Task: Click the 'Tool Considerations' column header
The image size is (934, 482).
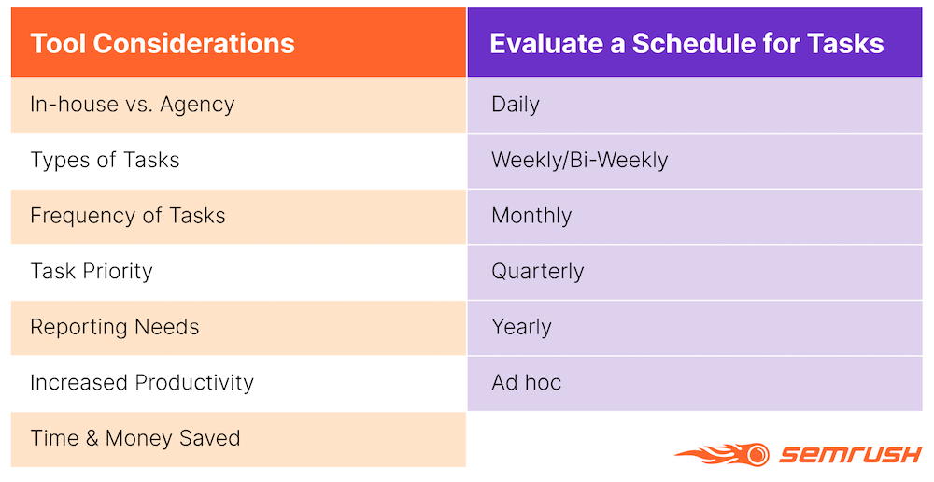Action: pyautogui.click(x=238, y=43)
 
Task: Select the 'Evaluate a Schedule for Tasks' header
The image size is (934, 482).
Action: pyautogui.click(x=695, y=43)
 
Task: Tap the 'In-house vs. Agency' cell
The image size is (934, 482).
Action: pyautogui.click(x=238, y=105)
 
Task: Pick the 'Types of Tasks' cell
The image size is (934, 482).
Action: pyautogui.click(x=238, y=161)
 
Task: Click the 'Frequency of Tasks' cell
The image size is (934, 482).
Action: pyautogui.click(x=238, y=216)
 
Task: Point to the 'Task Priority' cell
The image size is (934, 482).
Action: pyautogui.click(x=238, y=272)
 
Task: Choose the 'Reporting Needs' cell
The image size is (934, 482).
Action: pyautogui.click(x=238, y=327)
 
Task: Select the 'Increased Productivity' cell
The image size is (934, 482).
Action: pyautogui.click(x=238, y=382)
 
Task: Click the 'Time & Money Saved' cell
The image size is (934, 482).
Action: pyautogui.click(x=238, y=438)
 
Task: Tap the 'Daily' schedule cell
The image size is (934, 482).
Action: pyautogui.click(x=695, y=105)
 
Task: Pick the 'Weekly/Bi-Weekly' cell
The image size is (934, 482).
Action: pyautogui.click(x=695, y=161)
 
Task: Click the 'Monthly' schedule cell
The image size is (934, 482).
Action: pyautogui.click(x=695, y=216)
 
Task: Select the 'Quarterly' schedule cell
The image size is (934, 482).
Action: pyautogui.click(x=695, y=272)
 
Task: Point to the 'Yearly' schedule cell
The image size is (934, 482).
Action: pyautogui.click(x=695, y=327)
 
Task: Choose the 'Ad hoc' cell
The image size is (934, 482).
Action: pyautogui.click(x=695, y=382)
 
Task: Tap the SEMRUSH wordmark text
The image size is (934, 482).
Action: pyautogui.click(x=851, y=455)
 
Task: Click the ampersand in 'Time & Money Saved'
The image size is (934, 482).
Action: pyautogui.click(x=92, y=438)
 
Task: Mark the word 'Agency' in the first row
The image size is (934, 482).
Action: pyautogui.click(x=197, y=106)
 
